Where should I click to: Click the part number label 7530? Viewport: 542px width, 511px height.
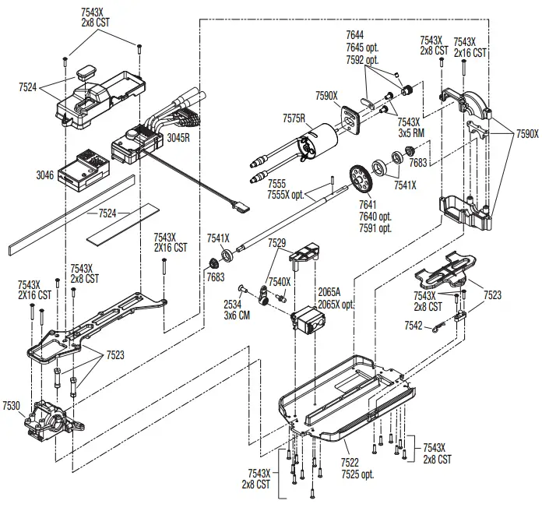(12, 406)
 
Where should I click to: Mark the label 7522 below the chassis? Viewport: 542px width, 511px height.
(351, 463)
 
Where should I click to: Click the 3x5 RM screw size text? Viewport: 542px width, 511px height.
(410, 132)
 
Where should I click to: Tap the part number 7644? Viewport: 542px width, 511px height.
(355, 35)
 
